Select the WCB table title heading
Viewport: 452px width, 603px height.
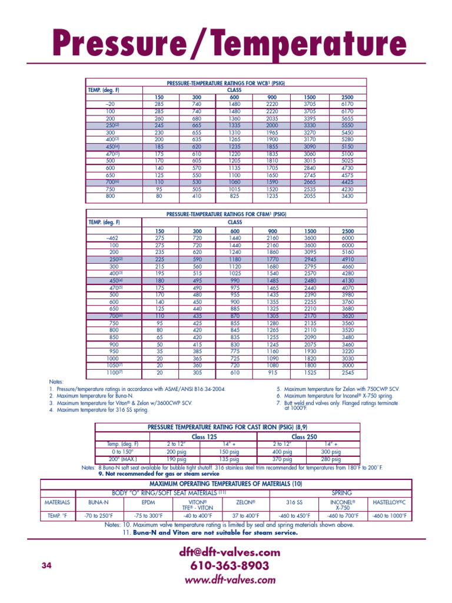[226, 84]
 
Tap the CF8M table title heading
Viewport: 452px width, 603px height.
[226, 214]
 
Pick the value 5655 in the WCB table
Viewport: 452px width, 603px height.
[348, 117]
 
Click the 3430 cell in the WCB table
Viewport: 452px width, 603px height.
[348, 196]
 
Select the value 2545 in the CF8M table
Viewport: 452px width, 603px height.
[348, 372]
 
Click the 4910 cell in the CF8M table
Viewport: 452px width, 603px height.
[348, 259]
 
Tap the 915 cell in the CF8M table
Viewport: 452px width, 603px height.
[272, 372]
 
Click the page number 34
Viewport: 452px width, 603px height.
[48, 565]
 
